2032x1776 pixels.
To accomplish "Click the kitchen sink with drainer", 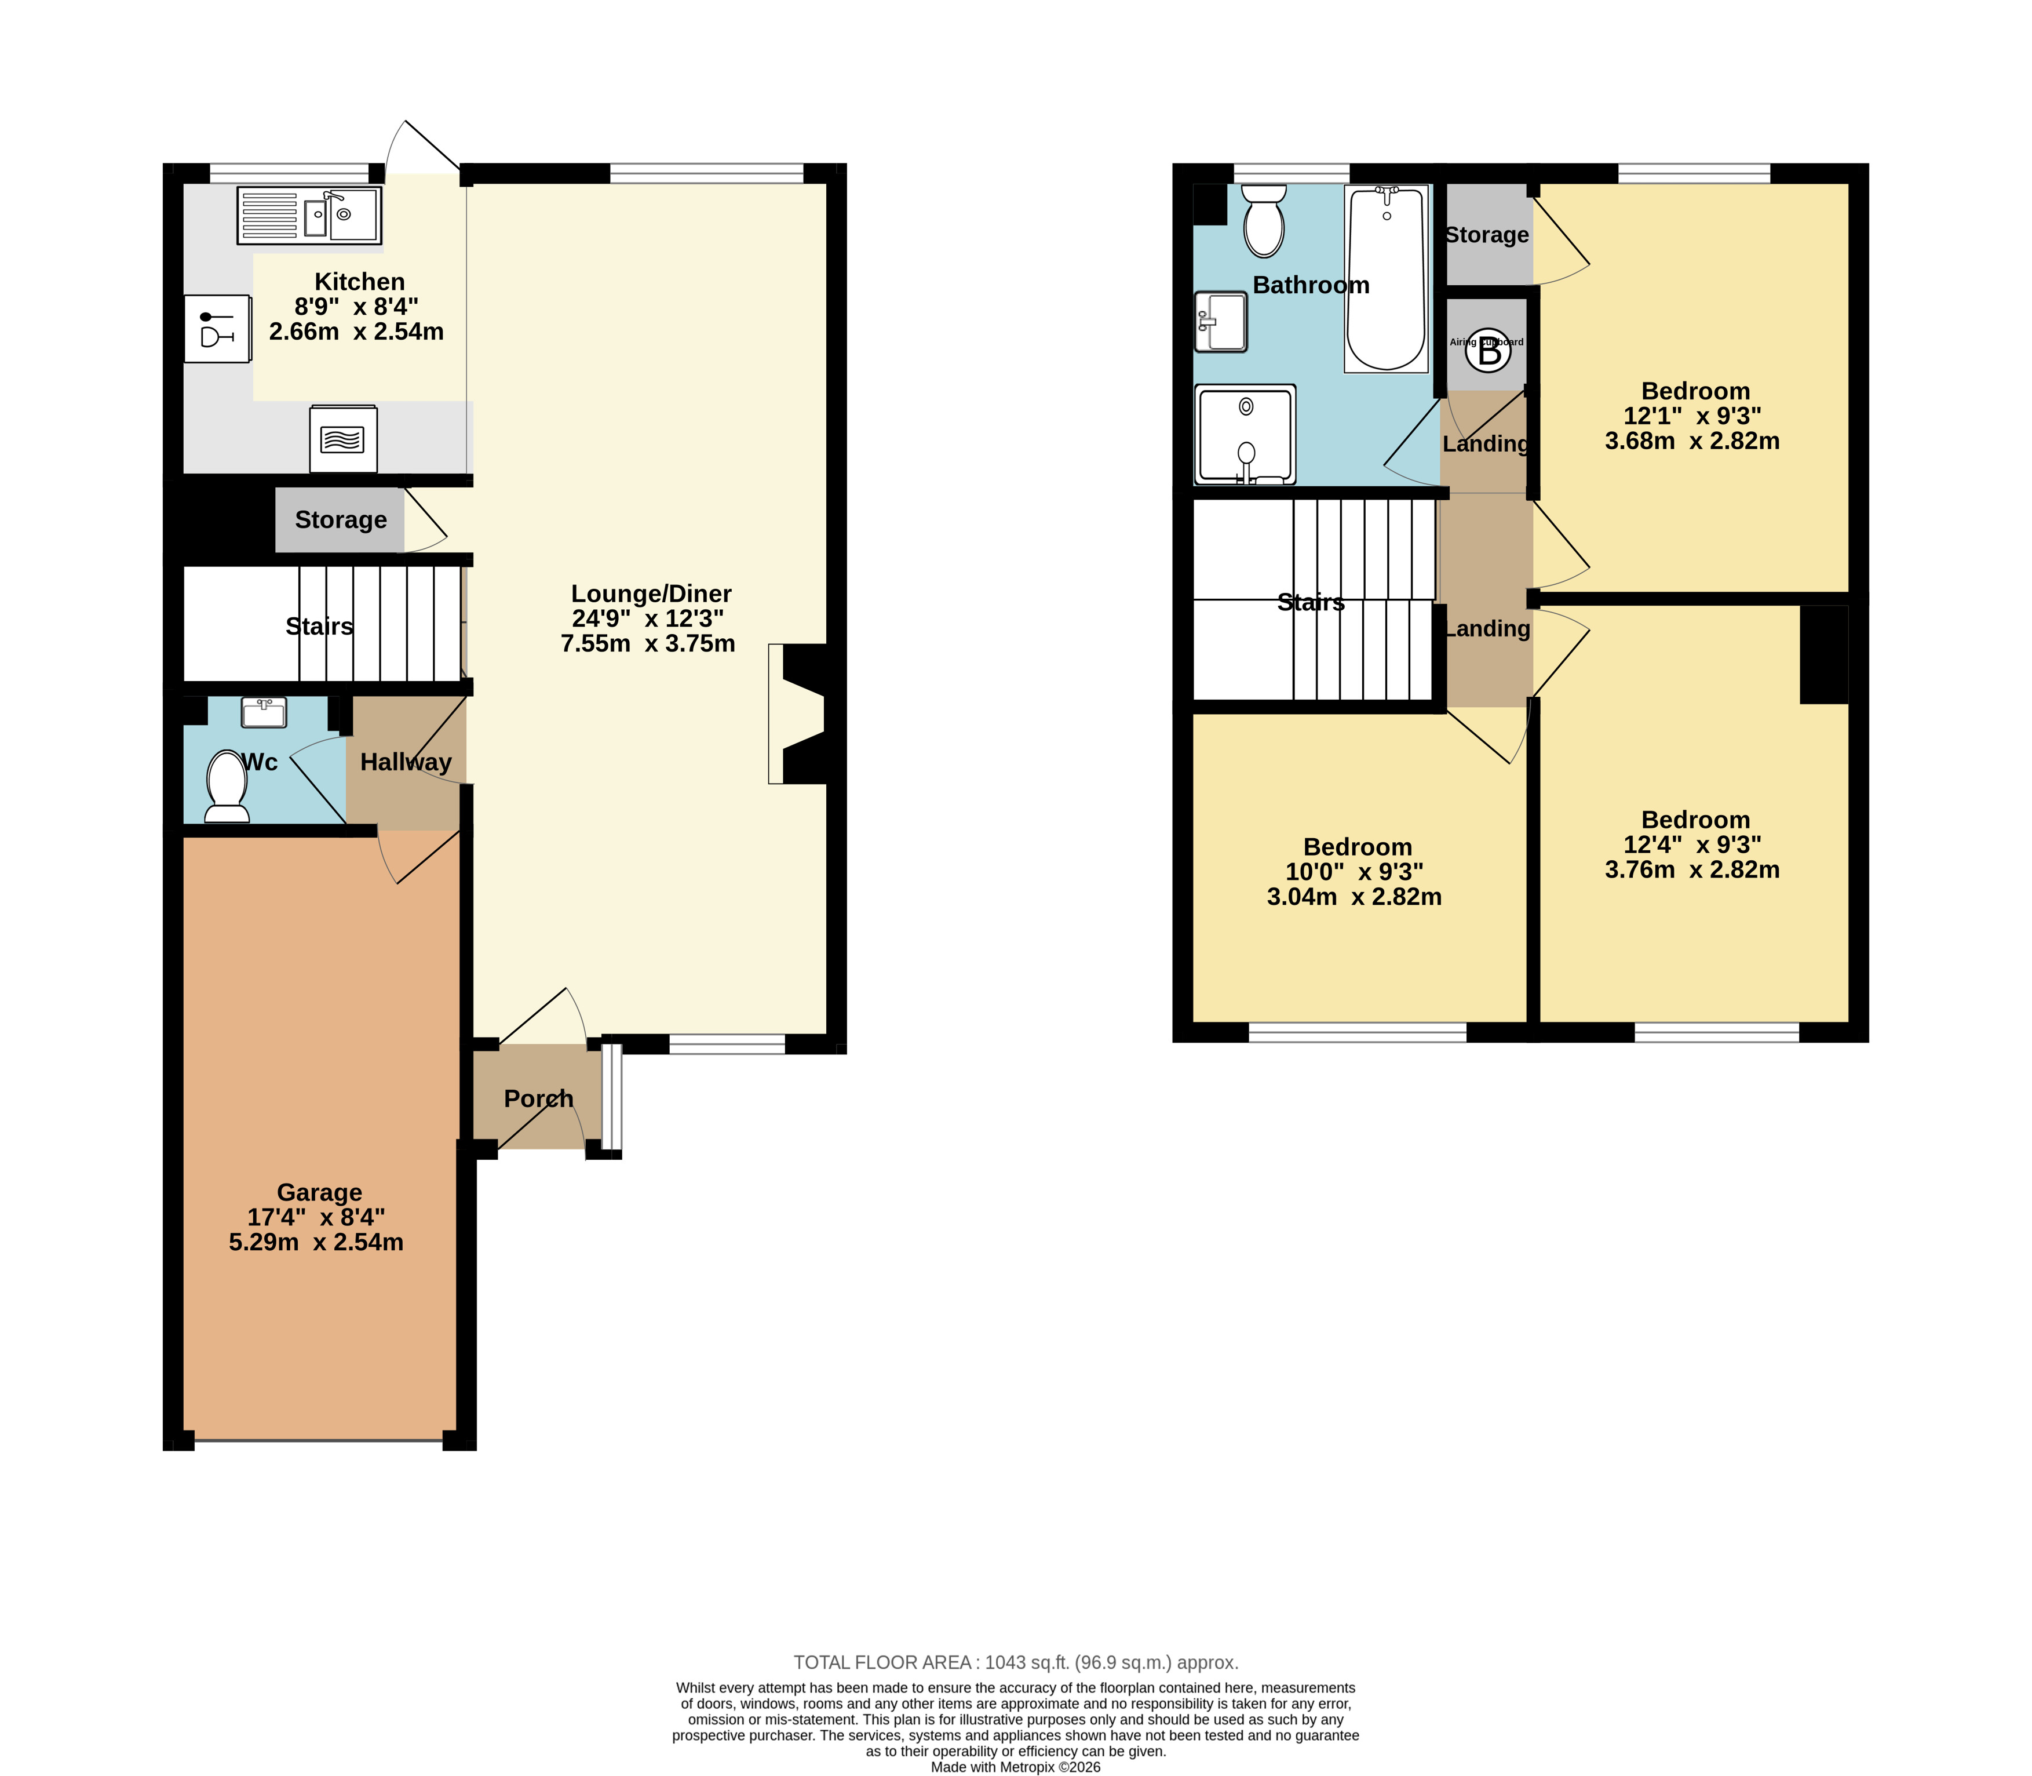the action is click(309, 215).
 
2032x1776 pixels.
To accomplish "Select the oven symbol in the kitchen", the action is click(343, 438).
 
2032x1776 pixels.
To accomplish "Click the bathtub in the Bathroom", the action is click(1386, 278).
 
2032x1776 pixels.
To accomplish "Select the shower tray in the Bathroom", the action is click(1245, 434).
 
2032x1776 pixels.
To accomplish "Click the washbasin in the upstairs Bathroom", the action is click(1221, 321).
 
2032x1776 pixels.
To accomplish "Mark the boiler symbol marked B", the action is click(1489, 351).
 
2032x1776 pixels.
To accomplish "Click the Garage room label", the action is click(319, 1192).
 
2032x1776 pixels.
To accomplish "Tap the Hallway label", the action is click(406, 762).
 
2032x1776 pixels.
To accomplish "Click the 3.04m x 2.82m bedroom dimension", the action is click(1354, 897).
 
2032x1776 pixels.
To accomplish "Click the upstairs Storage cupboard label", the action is click(1487, 235).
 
